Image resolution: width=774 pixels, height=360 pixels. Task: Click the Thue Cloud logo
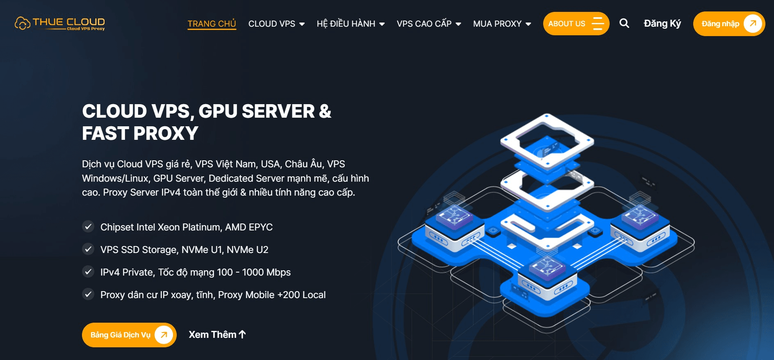pos(60,23)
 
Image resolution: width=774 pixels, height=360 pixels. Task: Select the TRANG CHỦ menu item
pos(212,24)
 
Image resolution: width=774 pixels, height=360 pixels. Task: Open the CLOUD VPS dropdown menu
pos(276,24)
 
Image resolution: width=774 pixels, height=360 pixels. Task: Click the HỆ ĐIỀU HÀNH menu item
pos(351,24)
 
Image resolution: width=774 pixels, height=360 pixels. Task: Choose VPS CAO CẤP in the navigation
pos(429,24)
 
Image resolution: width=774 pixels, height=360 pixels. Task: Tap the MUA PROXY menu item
pos(502,24)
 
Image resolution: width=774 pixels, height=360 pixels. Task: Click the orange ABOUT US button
pos(576,24)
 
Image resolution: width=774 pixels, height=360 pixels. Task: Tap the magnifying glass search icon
pos(624,23)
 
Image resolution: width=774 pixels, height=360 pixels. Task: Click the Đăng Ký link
pos(662,24)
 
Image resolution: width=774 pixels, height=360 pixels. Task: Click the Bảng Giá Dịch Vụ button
pos(129,335)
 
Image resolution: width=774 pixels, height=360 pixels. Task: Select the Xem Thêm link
pos(217,335)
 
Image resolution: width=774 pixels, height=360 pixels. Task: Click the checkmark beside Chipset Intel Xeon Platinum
pos(88,227)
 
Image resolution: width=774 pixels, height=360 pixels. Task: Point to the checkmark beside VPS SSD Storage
pos(88,249)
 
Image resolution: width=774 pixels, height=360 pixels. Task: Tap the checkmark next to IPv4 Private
pos(88,272)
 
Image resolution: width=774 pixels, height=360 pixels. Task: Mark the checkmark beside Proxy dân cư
pos(88,294)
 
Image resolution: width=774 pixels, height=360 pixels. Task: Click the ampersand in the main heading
pos(325,111)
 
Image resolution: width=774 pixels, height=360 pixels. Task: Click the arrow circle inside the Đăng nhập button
pos(753,24)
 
